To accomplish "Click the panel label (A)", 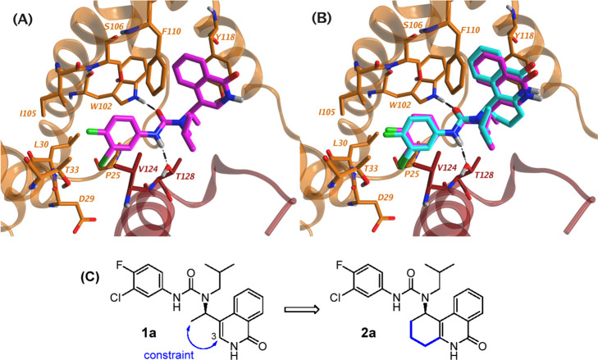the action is (x=22, y=17).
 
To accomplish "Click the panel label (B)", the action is (x=324, y=17).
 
